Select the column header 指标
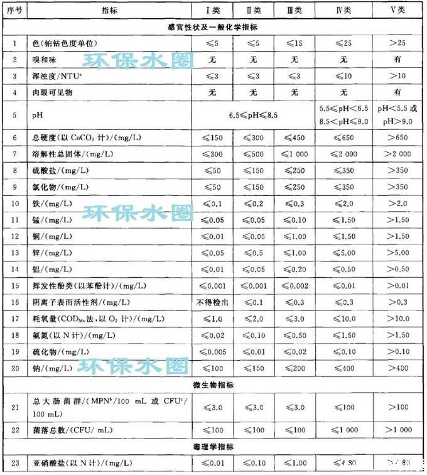coord(109,11)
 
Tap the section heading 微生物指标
coord(213,384)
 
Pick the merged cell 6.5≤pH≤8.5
coord(254,116)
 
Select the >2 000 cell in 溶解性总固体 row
coord(397,154)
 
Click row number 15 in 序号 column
coord(14,285)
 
